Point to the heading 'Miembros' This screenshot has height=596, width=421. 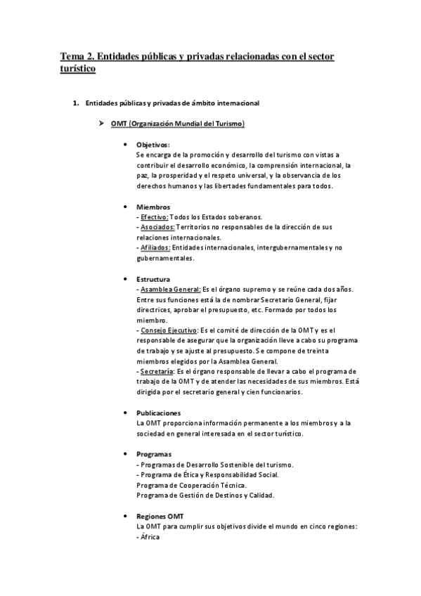click(153, 207)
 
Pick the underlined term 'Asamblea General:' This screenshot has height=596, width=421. click(171, 290)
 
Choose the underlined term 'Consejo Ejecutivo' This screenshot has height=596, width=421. click(169, 330)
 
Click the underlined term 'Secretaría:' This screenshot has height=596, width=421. click(157, 371)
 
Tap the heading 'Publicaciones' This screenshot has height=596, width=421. click(159, 413)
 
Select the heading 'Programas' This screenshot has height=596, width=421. click(154, 454)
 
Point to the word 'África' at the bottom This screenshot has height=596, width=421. click(150, 537)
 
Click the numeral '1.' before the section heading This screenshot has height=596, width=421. click(76, 103)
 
